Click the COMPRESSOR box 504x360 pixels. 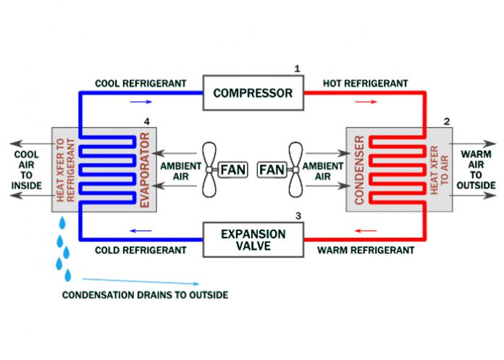(x=253, y=93)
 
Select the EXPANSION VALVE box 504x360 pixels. (x=253, y=240)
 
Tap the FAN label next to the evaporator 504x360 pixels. (x=232, y=169)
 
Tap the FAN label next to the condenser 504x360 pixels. (x=272, y=169)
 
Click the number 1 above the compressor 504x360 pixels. (x=296, y=69)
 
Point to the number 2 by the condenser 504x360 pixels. (x=447, y=121)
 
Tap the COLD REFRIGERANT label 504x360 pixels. (x=140, y=251)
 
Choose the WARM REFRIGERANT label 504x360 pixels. (x=366, y=251)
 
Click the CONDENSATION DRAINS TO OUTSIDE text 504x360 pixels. (x=145, y=295)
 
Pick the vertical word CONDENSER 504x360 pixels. (x=358, y=170)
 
